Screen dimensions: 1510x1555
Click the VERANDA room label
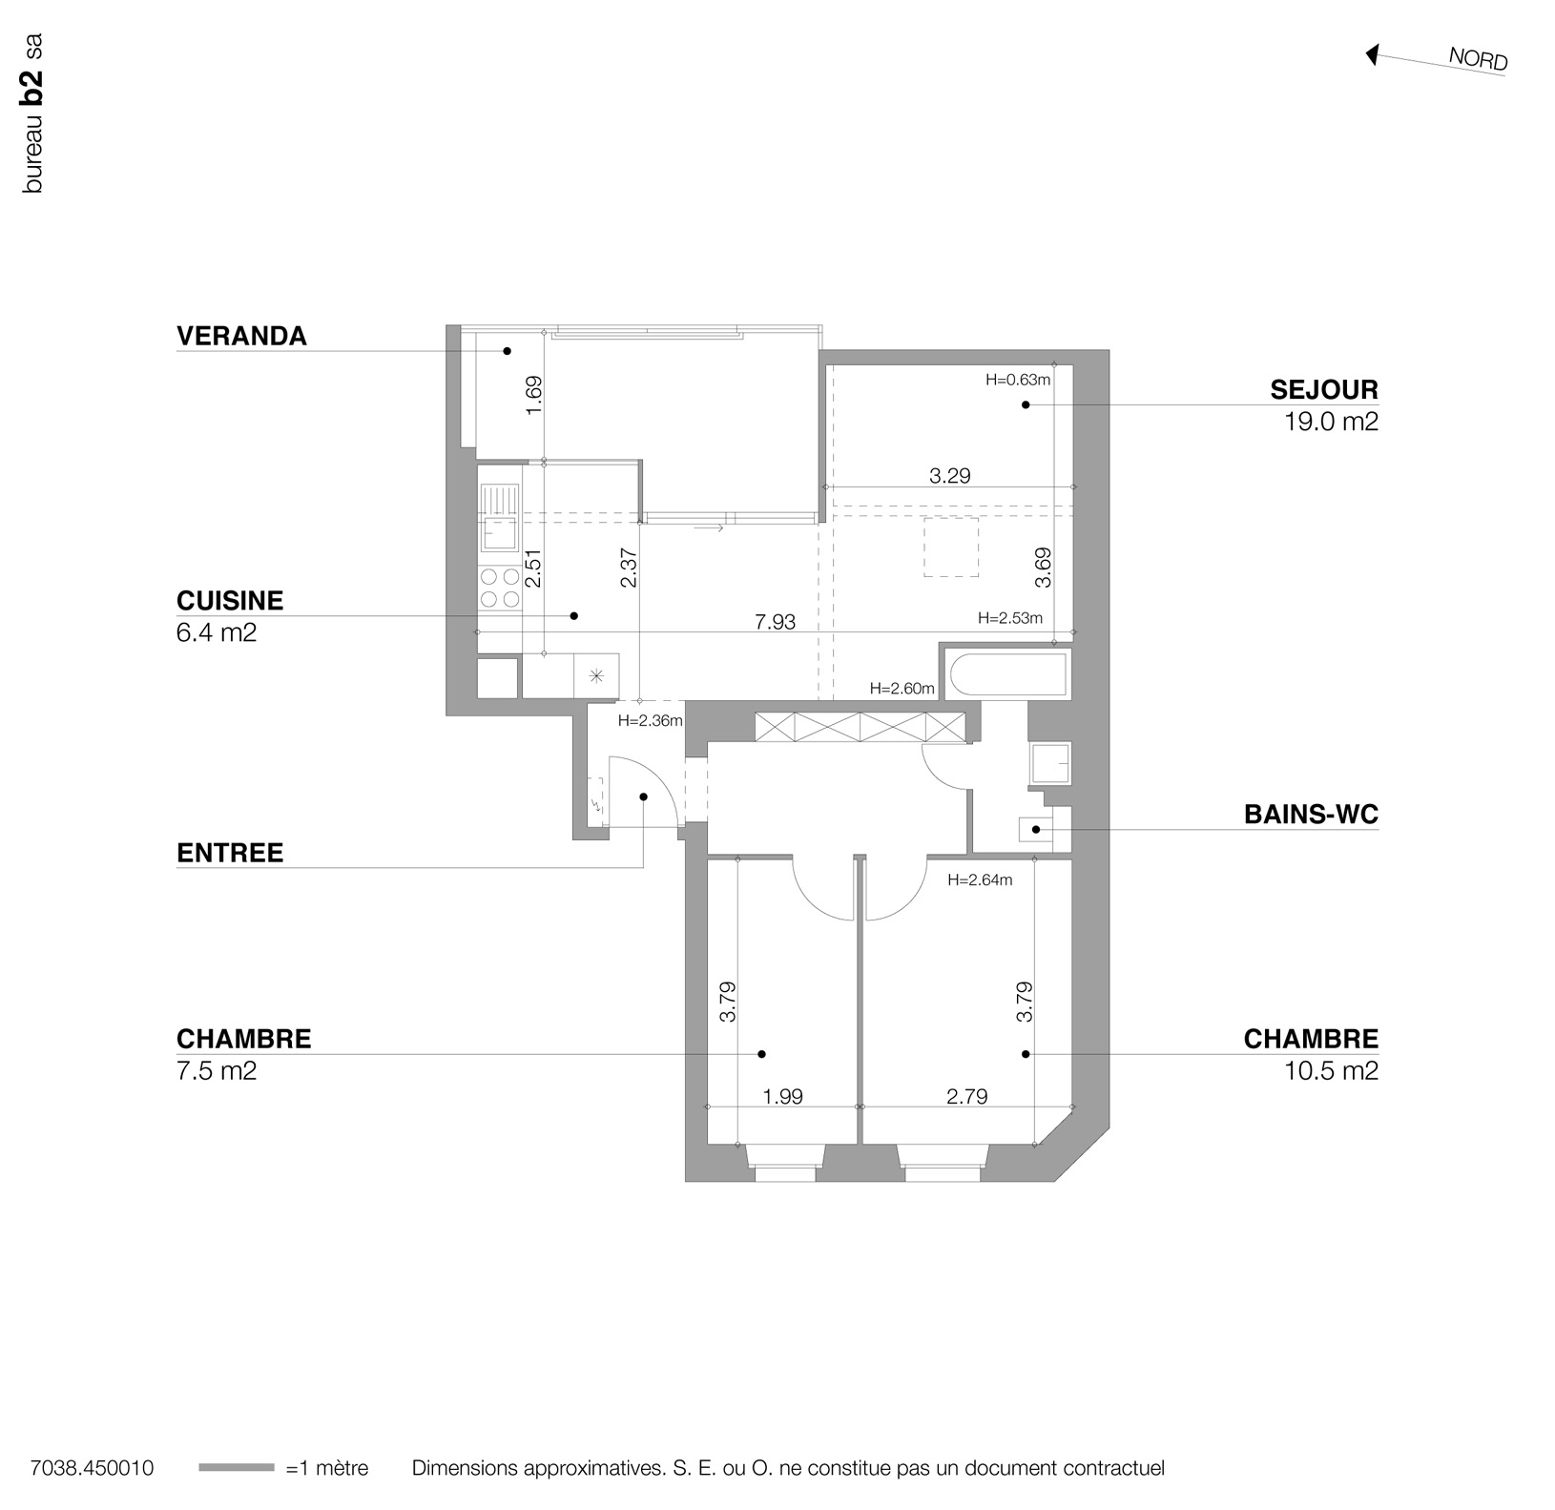(x=241, y=336)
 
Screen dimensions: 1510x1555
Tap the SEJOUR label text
(x=1323, y=389)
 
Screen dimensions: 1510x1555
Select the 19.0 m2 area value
(x=1331, y=422)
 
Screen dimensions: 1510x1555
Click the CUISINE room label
(x=230, y=601)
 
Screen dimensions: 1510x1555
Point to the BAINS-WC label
(x=1311, y=815)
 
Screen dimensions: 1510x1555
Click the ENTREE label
(x=230, y=853)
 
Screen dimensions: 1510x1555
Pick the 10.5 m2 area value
(x=1331, y=1070)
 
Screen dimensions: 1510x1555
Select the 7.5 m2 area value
(x=217, y=1070)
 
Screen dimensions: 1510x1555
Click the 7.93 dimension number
(x=775, y=622)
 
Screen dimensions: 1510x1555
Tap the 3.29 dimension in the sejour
(x=949, y=475)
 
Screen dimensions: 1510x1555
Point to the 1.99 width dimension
(x=782, y=1097)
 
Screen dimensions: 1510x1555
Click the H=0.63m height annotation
(x=1018, y=380)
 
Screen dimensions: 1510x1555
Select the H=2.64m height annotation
(x=980, y=880)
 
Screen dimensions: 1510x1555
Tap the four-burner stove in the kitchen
(x=500, y=588)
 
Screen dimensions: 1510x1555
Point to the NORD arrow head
(x=1372, y=55)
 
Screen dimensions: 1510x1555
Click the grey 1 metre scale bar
(x=236, y=1468)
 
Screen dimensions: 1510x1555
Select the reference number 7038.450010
(x=92, y=1468)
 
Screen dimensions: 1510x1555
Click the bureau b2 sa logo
(x=33, y=114)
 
